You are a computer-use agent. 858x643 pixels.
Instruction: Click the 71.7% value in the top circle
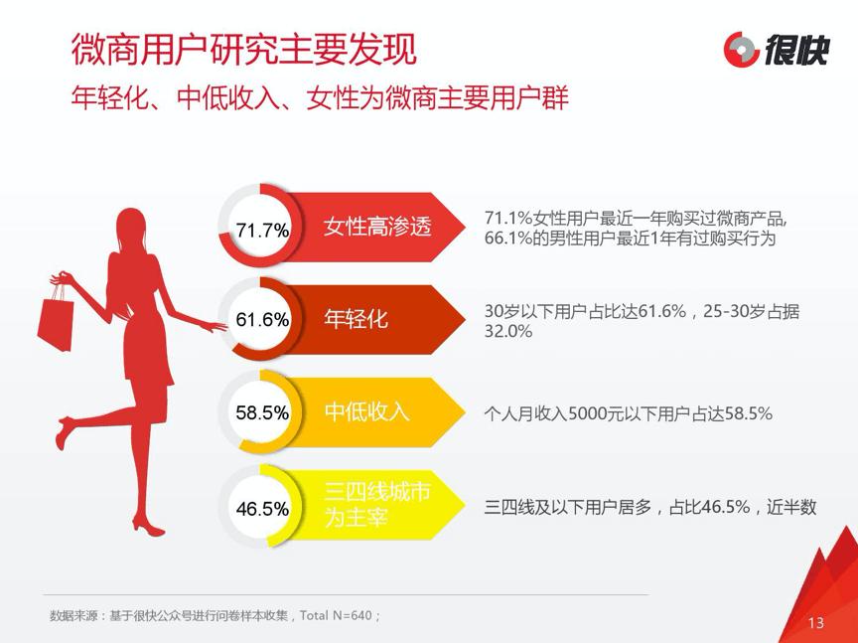[x=262, y=230]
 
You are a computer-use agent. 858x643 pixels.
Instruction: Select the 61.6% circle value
[x=262, y=320]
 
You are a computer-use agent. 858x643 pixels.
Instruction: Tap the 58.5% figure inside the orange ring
[x=262, y=412]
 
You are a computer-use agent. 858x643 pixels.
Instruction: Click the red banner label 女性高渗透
[x=377, y=227]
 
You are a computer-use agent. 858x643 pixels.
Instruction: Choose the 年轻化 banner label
[x=357, y=319]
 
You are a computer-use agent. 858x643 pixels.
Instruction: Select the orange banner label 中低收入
[x=367, y=411]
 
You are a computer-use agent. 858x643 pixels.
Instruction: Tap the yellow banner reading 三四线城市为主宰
[x=377, y=505]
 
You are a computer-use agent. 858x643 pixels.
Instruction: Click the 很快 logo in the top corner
[x=775, y=49]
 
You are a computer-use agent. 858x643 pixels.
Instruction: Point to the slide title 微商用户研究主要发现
[x=243, y=47]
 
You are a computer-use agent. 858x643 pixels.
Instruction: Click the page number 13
[x=816, y=623]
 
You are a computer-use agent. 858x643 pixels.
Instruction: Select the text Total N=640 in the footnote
[x=338, y=615]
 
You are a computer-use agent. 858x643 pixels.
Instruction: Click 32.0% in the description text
[x=508, y=332]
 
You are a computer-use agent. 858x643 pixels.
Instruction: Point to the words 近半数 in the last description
[x=790, y=507]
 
